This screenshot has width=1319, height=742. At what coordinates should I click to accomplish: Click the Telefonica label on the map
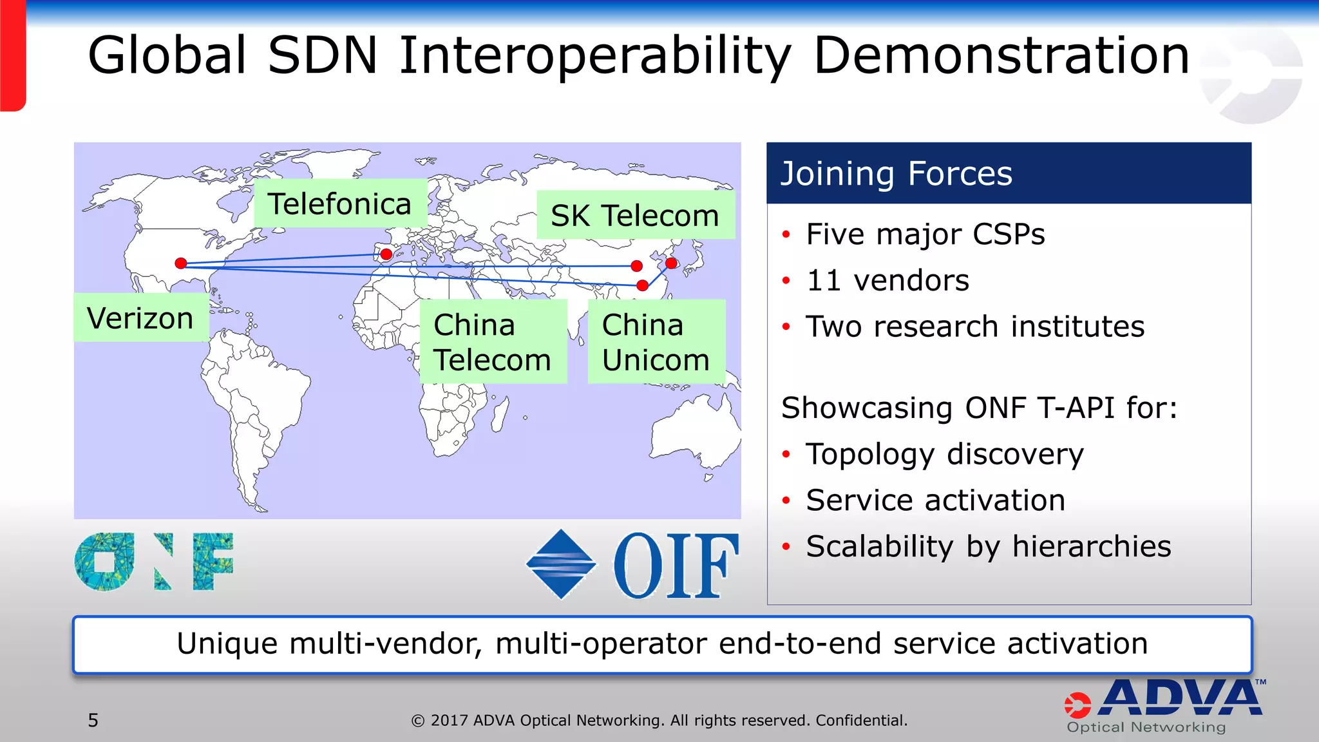coord(340,204)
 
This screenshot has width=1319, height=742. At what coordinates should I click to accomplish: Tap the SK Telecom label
coord(635,215)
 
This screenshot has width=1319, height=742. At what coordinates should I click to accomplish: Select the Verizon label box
coord(140,318)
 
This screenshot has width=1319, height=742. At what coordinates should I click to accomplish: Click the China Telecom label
coord(493,342)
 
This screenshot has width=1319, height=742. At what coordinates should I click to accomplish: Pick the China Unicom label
coord(656,342)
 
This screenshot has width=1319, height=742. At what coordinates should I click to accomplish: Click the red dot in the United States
coord(181,263)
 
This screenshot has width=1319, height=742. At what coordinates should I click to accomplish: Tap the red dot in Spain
coord(386,254)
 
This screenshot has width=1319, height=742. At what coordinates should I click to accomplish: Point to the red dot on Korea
coord(671,263)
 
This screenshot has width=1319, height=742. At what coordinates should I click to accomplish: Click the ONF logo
coord(154,562)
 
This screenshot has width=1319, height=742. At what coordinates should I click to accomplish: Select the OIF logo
coord(632,565)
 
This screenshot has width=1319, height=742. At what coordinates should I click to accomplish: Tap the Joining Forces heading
coord(897,174)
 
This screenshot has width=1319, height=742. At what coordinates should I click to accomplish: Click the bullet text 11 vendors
coord(887,281)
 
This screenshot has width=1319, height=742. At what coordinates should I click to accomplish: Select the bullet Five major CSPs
coord(925,234)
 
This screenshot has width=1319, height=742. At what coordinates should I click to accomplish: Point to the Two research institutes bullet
coord(974,327)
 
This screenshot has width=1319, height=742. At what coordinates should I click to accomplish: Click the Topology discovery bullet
coord(944,454)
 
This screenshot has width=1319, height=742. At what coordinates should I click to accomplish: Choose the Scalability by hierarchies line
coord(988,547)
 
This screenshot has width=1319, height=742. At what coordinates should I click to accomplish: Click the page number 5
coord(93,720)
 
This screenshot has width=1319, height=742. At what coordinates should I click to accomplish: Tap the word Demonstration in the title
coord(1001,56)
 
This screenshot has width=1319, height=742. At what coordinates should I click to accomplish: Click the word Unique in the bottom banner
coord(226,644)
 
